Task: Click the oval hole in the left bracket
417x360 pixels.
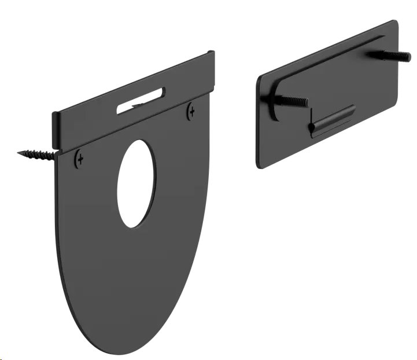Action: [136, 183]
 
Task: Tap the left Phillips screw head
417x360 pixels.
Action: [79, 159]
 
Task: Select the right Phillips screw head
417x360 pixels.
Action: [191, 111]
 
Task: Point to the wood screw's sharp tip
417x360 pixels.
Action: [19, 153]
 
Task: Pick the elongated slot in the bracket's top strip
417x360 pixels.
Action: [141, 100]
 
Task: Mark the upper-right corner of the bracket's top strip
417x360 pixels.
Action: [213, 53]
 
